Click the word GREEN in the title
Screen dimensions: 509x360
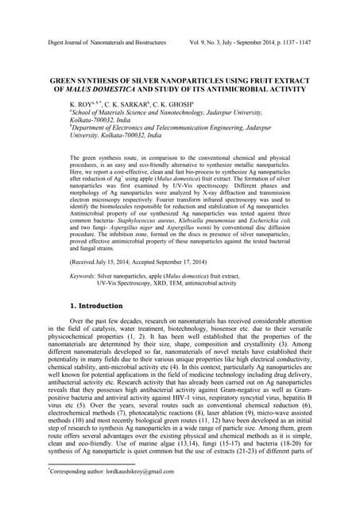point(68,80)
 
